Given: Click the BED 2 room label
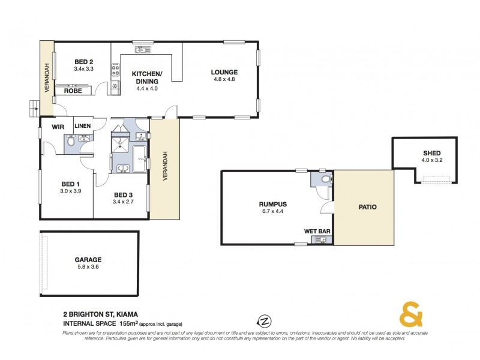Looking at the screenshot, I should point(83,62).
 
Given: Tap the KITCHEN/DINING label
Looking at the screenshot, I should point(145,77).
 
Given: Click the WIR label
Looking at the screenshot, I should point(58,127).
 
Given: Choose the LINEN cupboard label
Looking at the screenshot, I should point(83,126).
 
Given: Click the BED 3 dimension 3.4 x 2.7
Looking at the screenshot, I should point(122,202).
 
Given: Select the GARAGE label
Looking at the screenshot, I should point(88,260).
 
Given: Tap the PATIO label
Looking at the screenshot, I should point(367,207).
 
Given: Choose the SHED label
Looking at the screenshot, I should point(431,153).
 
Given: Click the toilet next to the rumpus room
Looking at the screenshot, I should point(324,179).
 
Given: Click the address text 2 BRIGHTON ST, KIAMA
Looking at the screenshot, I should point(99,314).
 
